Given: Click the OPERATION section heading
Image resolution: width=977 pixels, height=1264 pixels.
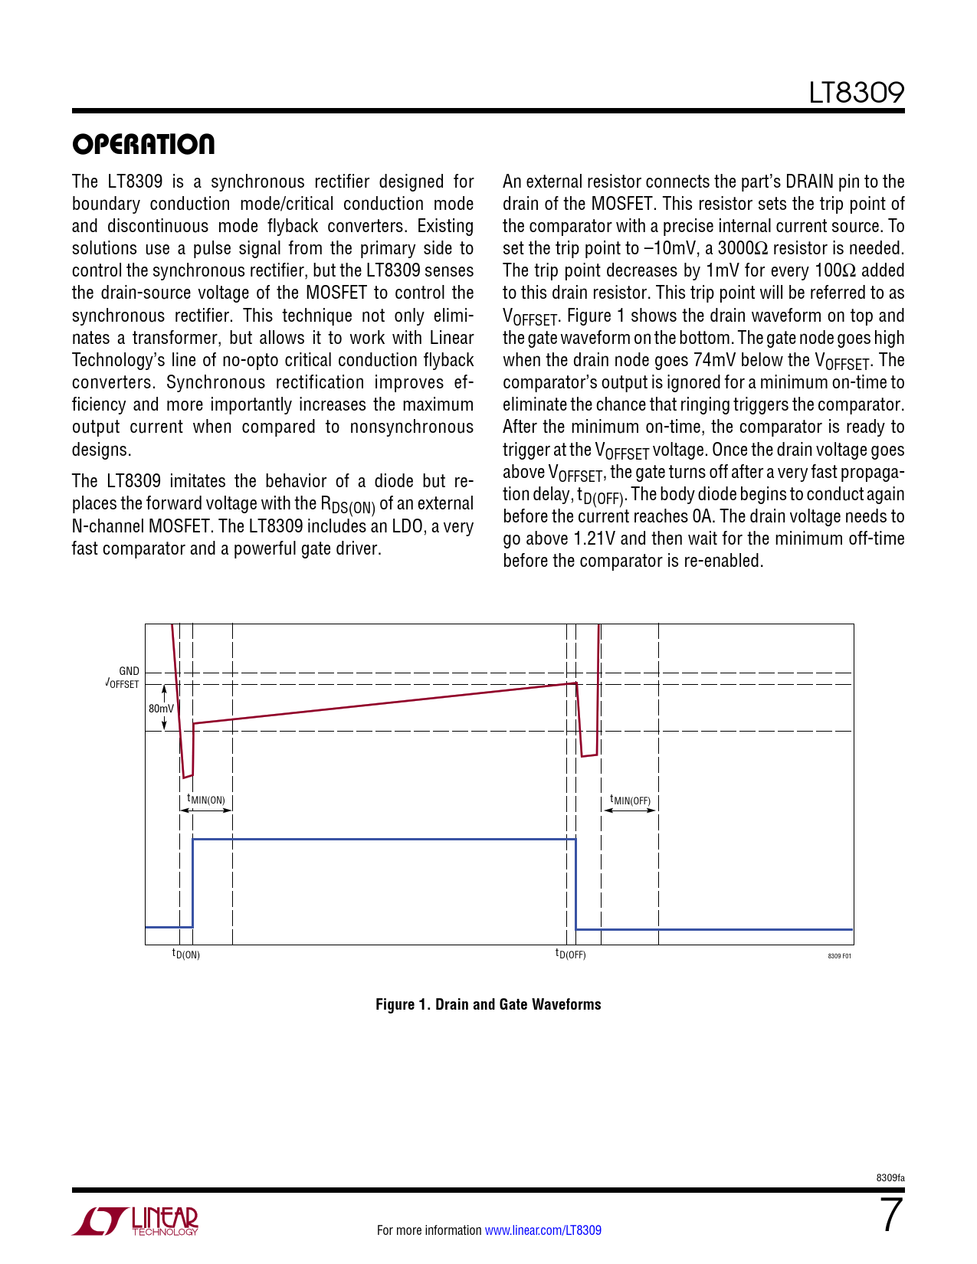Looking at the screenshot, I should coord(143,144).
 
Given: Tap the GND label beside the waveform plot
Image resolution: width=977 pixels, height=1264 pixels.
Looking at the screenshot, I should coord(129,671).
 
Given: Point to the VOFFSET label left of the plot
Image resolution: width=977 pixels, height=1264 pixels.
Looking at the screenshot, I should coord(123,683).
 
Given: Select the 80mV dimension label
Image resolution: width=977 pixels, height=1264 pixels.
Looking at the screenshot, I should coord(161,709).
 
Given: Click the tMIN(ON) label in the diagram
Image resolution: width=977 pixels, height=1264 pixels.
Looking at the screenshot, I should coord(206,800).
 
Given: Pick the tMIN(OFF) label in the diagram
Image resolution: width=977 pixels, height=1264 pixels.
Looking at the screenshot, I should coord(630,801).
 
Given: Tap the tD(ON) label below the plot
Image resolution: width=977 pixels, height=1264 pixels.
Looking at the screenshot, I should coord(185,955).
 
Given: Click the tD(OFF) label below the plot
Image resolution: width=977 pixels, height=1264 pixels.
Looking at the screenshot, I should coord(570,955).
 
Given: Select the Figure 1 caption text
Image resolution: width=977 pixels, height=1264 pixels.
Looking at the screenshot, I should coord(488,1004).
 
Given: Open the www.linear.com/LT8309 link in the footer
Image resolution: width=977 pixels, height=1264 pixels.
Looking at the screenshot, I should coord(543,1230).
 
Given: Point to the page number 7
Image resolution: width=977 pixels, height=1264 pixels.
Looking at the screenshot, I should coord(890,1216).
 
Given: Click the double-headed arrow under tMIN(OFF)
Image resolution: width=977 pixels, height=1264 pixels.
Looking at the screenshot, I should coord(630,810).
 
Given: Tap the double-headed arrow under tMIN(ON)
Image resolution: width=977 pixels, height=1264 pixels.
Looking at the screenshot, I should coord(206,810).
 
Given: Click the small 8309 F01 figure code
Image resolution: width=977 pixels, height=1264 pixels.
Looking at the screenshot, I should coord(839,956).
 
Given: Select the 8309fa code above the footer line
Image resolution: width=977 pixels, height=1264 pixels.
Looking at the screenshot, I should coord(890,1177).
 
